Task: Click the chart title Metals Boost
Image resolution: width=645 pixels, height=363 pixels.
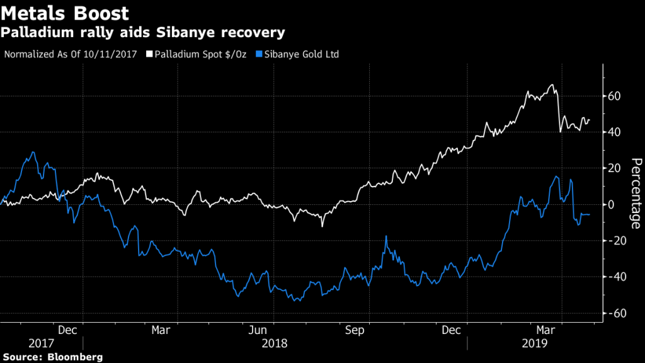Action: pos(66,13)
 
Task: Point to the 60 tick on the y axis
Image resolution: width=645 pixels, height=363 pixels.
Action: pos(615,96)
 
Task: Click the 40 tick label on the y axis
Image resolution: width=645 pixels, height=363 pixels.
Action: pos(615,132)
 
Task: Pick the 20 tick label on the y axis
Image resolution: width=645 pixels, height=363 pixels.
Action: pos(615,168)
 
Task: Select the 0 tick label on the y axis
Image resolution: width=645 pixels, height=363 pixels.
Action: pos(612,205)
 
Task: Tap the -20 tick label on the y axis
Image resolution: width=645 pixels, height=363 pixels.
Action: pos(617,241)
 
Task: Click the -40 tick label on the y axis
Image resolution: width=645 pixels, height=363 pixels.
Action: pos(617,277)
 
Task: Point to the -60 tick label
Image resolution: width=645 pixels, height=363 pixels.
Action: pos(617,313)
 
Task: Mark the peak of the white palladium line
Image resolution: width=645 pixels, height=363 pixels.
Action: pos(552,85)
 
